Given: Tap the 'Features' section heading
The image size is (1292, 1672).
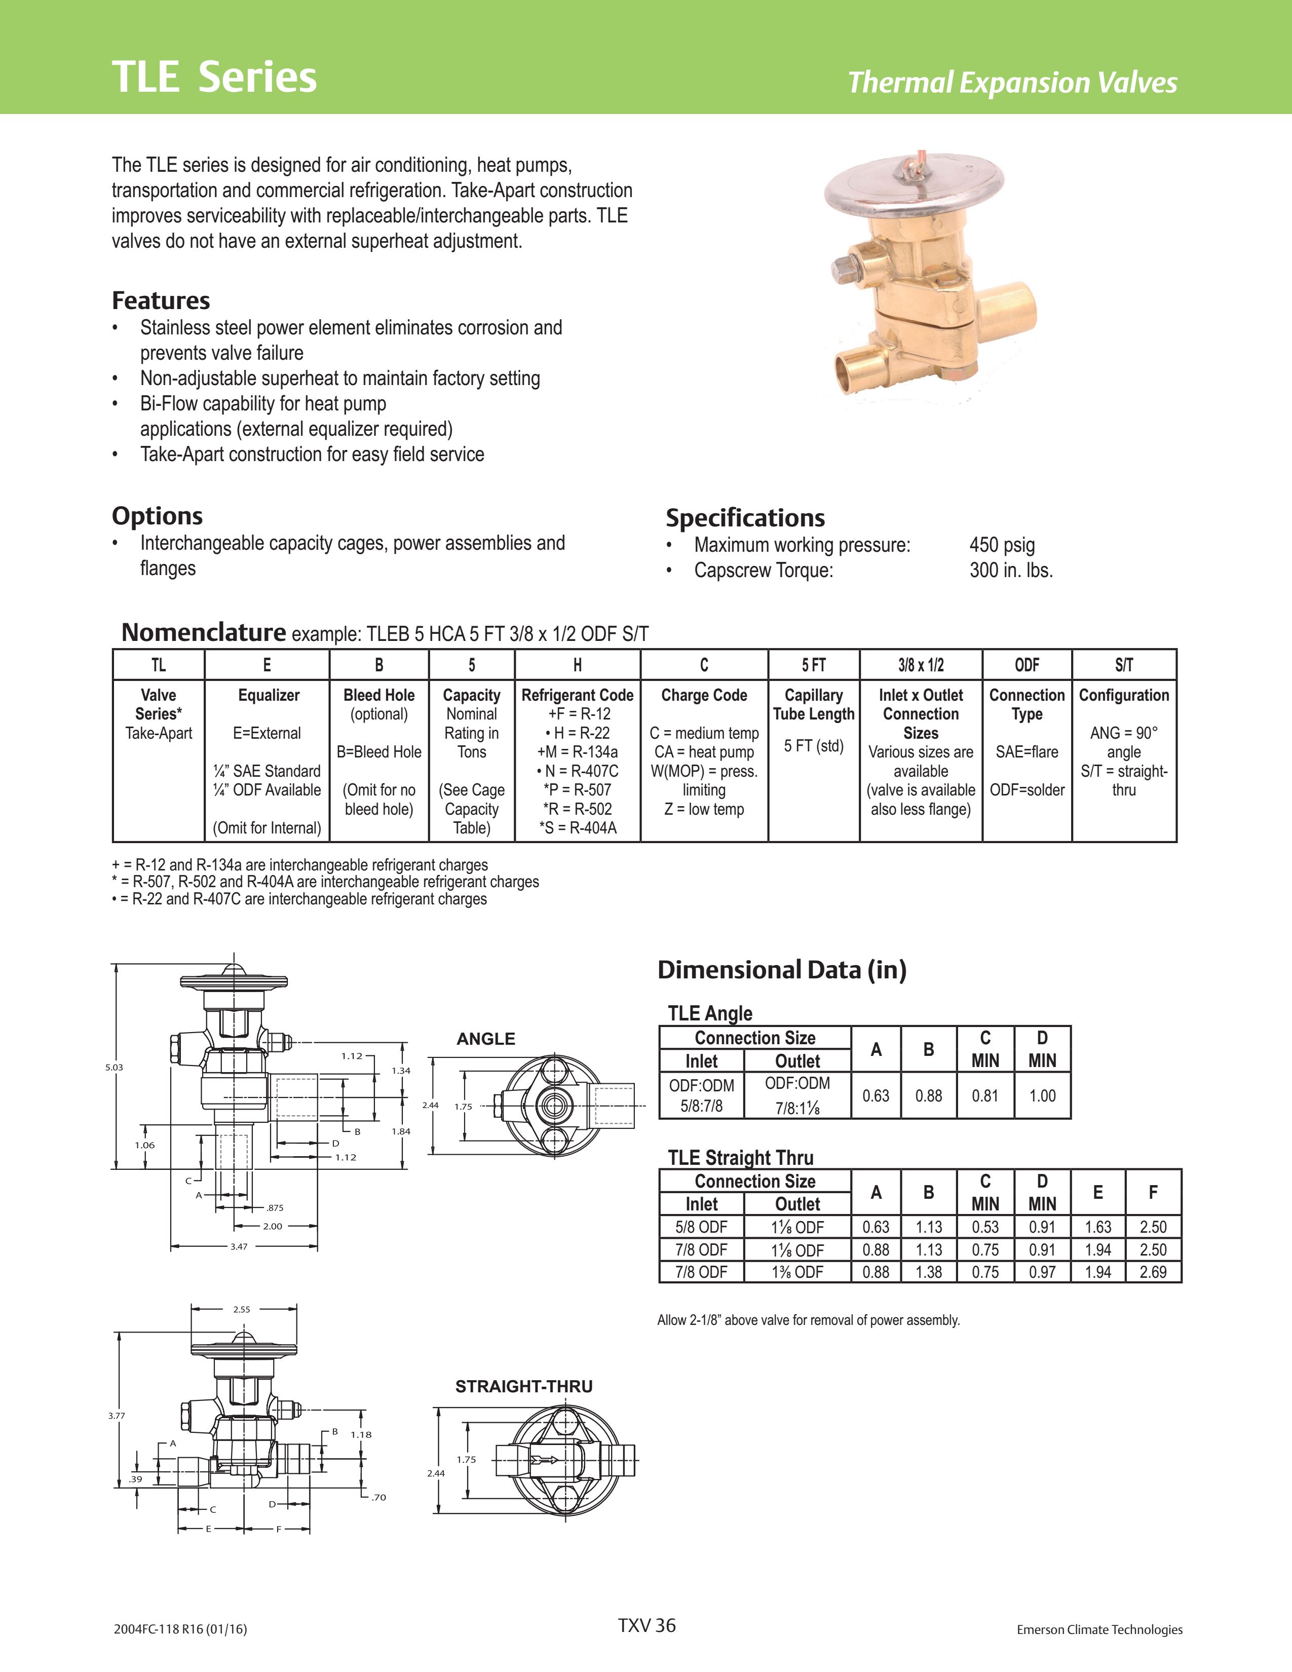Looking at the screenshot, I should (x=161, y=300).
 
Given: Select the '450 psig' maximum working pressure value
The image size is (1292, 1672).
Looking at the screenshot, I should (x=1002, y=545).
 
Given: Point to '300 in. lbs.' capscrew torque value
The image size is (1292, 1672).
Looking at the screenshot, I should (x=1011, y=571).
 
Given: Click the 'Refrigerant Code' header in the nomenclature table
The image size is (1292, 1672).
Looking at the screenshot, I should (x=577, y=695).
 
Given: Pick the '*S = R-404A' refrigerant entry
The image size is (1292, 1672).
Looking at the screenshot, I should (x=577, y=827).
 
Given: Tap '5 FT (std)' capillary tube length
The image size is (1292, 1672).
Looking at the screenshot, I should (x=814, y=746).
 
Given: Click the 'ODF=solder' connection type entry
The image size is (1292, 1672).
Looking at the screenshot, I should (x=1027, y=790).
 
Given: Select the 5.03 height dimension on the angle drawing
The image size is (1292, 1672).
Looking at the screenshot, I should (x=114, y=1067).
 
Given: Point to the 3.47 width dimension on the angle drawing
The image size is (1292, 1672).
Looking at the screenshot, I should (x=239, y=1246).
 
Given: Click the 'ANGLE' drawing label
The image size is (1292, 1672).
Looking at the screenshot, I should (x=486, y=1039).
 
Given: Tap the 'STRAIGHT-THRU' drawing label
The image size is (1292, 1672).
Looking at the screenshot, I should (x=523, y=1386).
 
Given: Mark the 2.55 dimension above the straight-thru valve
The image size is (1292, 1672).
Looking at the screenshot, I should (x=241, y=1309).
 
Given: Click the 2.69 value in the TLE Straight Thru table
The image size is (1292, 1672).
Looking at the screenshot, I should (x=1153, y=1272).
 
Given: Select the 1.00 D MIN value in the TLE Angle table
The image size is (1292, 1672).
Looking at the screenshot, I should (x=1042, y=1095).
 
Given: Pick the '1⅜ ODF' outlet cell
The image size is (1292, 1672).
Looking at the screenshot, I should (x=797, y=1272).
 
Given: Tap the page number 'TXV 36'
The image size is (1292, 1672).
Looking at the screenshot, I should (x=647, y=1625).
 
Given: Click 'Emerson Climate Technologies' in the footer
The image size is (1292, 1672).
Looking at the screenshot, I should (x=1099, y=1630).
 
